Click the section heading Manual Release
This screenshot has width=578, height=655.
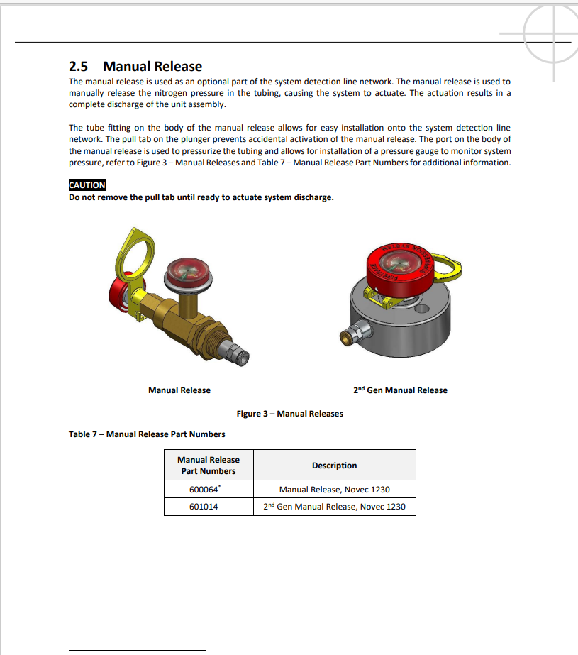[152, 67]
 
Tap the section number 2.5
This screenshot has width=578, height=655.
[78, 67]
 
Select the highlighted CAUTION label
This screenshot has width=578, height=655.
[87, 185]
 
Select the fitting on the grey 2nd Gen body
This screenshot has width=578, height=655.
[352, 334]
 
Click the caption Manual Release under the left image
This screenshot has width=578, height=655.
[179, 390]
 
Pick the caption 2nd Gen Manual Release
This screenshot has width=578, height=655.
[400, 390]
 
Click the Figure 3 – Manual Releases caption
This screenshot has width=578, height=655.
[289, 414]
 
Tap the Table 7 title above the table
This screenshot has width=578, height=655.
[147, 434]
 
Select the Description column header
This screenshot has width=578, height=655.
[334, 466]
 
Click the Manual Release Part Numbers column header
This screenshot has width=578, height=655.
[209, 466]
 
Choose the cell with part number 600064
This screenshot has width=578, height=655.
[209, 490]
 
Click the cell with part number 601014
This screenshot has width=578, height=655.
[209, 507]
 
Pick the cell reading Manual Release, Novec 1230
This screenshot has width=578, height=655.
[334, 490]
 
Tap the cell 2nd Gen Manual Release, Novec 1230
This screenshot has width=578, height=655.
[334, 507]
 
